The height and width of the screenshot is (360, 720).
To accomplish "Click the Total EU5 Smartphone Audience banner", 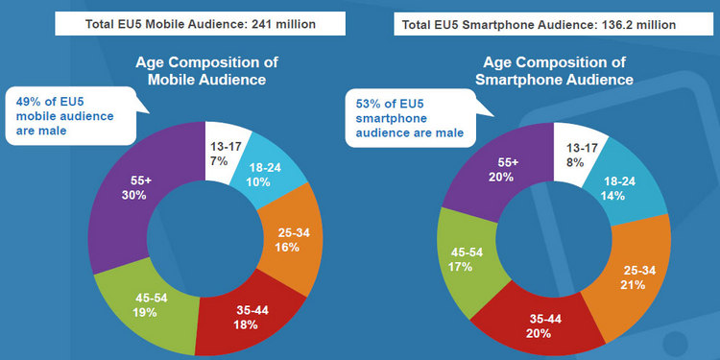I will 544,22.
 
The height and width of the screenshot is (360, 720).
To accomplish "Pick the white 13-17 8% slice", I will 574,150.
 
